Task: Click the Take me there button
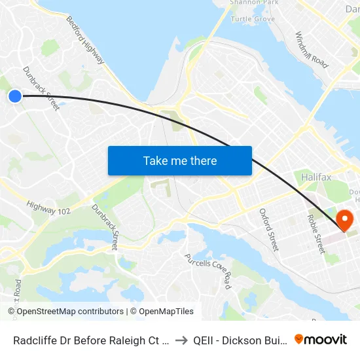point(179,160)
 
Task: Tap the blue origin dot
point(15,96)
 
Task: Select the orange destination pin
point(344,219)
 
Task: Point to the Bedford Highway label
point(85,40)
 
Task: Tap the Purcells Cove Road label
point(208,271)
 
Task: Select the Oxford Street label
point(269,230)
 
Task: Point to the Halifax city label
point(317,177)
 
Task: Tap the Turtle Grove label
point(253,19)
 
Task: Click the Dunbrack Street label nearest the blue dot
point(41,88)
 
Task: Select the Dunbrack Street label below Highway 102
point(105,226)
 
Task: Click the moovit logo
point(321,339)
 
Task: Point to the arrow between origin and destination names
point(181,340)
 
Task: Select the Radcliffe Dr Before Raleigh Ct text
point(90,340)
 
